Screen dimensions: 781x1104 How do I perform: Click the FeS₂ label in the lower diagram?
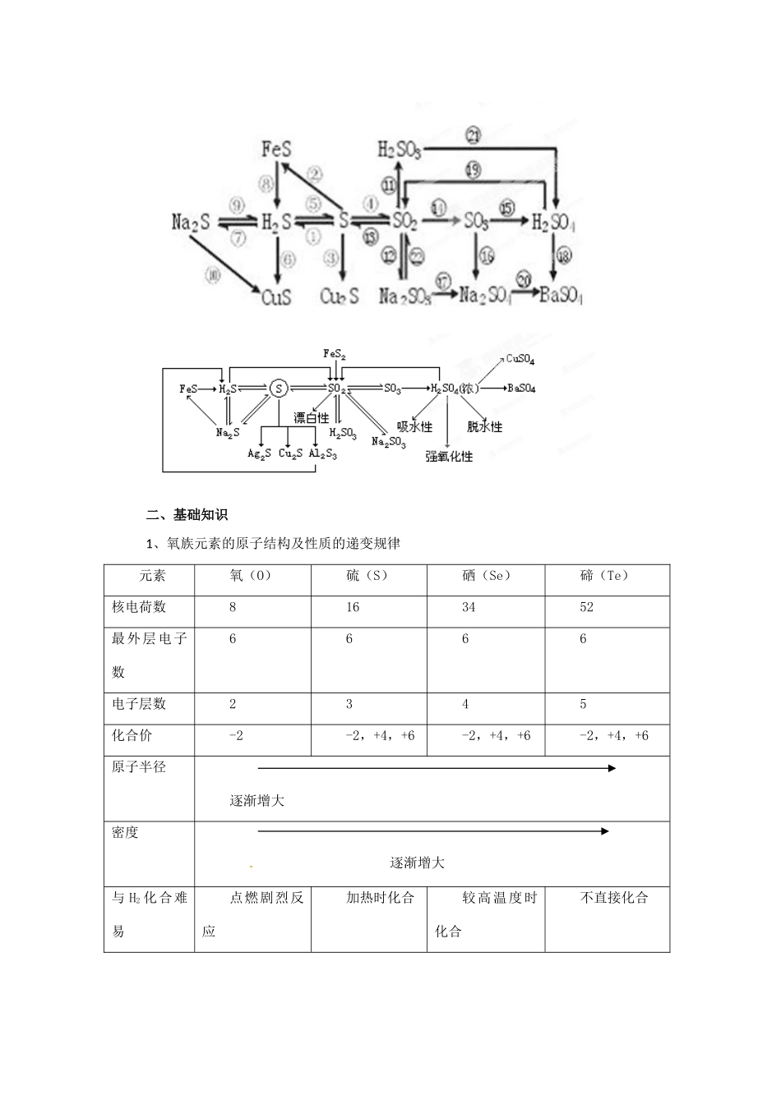(334, 354)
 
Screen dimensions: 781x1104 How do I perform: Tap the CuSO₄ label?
(521, 359)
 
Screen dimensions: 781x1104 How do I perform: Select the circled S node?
(279, 389)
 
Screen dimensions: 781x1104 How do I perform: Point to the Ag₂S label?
(260, 453)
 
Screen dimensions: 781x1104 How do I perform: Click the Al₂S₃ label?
(322, 453)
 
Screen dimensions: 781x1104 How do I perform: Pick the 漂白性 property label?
(311, 418)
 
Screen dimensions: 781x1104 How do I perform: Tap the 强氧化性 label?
(449, 456)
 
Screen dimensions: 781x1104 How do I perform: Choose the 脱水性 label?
(484, 426)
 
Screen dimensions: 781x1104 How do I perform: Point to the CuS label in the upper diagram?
(276, 296)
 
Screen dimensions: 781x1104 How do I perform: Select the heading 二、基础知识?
(187, 515)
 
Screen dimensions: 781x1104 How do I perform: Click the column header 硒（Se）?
(487, 576)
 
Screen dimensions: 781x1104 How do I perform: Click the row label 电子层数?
(139, 704)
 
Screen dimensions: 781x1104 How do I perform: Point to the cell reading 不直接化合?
(614, 898)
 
